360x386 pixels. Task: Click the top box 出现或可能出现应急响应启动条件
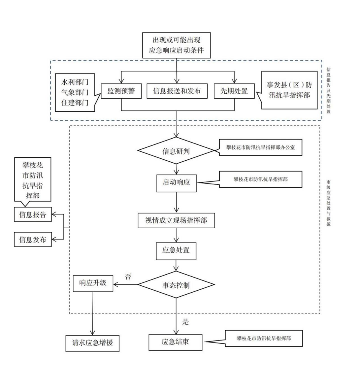(x=176, y=45)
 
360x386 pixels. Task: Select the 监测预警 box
(x=121, y=91)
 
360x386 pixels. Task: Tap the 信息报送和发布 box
(x=176, y=91)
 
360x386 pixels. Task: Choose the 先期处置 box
(x=234, y=91)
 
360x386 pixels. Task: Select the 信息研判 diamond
(x=176, y=151)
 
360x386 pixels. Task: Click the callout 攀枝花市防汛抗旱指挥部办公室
(x=261, y=147)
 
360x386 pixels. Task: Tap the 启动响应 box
(x=176, y=182)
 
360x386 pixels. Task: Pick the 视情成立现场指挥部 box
(x=176, y=221)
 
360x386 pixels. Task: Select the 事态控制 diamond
(x=176, y=285)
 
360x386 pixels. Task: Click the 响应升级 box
(x=93, y=283)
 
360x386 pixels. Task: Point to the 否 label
(x=128, y=277)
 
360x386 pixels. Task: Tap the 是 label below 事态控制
(x=186, y=322)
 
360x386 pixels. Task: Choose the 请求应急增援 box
(x=92, y=343)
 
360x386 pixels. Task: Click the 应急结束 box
(x=175, y=342)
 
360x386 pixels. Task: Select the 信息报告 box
(x=33, y=215)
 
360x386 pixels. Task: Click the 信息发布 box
(x=33, y=240)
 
